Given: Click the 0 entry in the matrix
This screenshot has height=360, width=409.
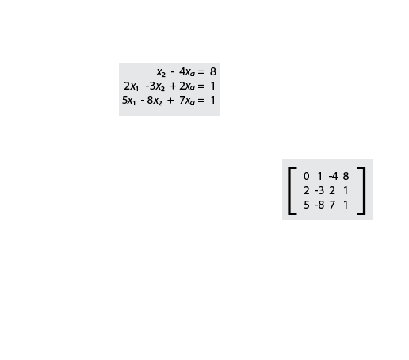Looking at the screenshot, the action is [306, 176].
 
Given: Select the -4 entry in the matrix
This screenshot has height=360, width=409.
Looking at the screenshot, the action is [333, 176].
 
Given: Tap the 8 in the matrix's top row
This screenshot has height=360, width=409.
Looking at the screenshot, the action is [346, 176].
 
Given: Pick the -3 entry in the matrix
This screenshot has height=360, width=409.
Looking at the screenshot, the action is [319, 190].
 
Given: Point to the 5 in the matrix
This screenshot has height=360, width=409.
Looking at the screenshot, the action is [306, 205].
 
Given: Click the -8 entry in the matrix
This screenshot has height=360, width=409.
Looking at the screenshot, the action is [319, 205].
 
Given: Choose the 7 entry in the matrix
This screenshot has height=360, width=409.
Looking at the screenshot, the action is [332, 205].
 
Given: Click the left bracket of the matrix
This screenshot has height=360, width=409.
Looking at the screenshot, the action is [290, 190].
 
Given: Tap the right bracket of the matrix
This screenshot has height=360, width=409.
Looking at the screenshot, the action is [364, 190].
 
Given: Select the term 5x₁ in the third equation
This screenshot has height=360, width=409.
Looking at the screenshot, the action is [128, 101].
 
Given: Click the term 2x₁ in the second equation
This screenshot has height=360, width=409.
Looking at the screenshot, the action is [131, 86].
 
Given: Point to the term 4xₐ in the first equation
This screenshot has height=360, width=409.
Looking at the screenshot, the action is [187, 72].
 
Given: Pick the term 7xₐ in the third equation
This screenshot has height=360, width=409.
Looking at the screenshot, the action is [187, 101].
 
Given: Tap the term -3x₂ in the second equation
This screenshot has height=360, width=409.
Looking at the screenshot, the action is [155, 86].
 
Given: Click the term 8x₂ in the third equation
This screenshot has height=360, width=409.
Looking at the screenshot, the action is [155, 101].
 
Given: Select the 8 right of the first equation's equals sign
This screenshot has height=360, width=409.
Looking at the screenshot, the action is [213, 71].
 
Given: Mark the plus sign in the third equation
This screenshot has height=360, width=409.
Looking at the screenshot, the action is [170, 101].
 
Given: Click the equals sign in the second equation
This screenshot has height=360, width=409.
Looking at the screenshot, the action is [201, 86].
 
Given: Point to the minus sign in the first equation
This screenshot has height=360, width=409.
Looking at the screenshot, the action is [173, 72].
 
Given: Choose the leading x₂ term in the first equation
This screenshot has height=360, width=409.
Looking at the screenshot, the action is [161, 72].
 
